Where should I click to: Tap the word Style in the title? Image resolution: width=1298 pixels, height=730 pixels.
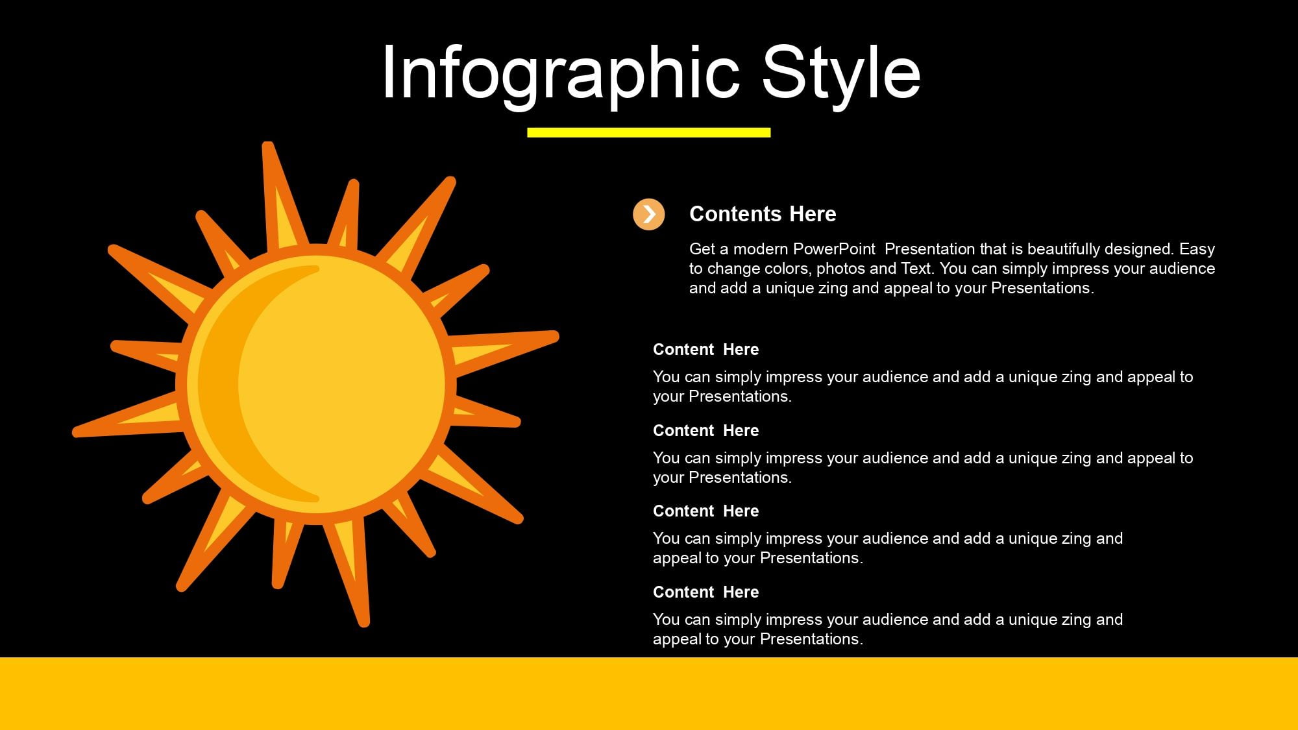pyautogui.click(x=841, y=73)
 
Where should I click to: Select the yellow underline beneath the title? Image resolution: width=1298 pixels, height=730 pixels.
pyautogui.click(x=649, y=132)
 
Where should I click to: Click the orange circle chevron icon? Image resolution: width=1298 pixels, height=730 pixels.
pyautogui.click(x=649, y=214)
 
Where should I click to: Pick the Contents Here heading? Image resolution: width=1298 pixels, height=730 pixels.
pyautogui.click(x=763, y=214)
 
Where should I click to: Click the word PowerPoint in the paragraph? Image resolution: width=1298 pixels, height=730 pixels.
pyautogui.click(x=834, y=249)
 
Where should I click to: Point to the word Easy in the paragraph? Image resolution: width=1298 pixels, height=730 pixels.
pyautogui.click(x=1197, y=249)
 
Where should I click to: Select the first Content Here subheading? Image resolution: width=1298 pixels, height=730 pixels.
pyautogui.click(x=705, y=349)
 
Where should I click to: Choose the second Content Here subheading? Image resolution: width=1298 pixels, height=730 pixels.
pyautogui.click(x=705, y=430)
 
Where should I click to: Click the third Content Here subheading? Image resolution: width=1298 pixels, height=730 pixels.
pyautogui.click(x=705, y=511)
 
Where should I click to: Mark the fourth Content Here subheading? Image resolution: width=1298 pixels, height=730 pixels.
pyautogui.click(x=705, y=592)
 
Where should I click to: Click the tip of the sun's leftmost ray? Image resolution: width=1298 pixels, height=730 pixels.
pyautogui.click(x=76, y=432)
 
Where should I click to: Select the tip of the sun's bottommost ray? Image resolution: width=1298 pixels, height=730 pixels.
pyautogui.click(x=365, y=624)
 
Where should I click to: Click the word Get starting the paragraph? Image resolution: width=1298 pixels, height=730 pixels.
pyautogui.click(x=702, y=249)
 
